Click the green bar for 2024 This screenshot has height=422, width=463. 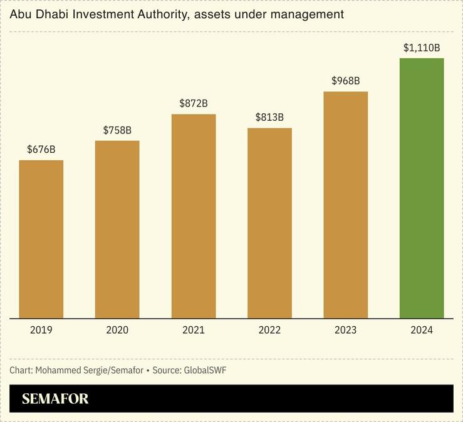(x=422, y=188)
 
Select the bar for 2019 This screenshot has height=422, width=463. (x=41, y=239)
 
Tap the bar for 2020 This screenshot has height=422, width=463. (x=117, y=229)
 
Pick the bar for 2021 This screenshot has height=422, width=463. (x=194, y=216)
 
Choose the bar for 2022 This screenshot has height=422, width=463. (x=269, y=223)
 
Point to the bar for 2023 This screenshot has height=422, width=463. (x=346, y=205)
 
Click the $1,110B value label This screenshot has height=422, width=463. (x=422, y=48)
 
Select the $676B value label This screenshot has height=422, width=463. (x=41, y=150)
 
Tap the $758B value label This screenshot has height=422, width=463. (x=117, y=130)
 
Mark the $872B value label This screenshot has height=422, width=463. (x=194, y=103)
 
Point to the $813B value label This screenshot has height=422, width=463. (x=269, y=117)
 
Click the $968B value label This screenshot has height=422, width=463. (x=346, y=81)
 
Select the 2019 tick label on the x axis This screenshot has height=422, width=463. (x=41, y=330)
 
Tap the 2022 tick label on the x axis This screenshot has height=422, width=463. (x=269, y=330)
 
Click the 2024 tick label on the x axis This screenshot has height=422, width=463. (x=422, y=330)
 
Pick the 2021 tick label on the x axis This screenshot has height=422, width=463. (x=194, y=330)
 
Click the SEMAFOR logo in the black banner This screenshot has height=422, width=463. (x=55, y=399)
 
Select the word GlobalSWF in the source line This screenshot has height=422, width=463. (x=205, y=370)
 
